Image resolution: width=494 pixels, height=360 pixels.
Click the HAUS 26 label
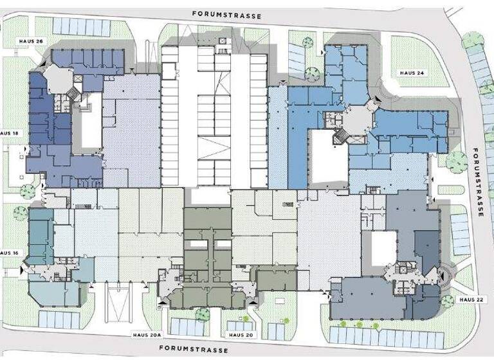[x=30, y=41]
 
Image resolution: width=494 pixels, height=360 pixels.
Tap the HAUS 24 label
[x=412, y=73]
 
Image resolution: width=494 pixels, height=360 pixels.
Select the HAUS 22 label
[x=471, y=300]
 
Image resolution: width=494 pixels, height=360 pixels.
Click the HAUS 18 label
[x=10, y=133]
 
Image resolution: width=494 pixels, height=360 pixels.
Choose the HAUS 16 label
[x=9, y=253]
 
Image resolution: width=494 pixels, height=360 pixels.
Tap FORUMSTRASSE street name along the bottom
[x=194, y=350]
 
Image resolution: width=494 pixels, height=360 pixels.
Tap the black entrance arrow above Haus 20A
[x=162, y=299]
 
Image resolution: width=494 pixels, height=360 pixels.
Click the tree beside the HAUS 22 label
[x=447, y=301]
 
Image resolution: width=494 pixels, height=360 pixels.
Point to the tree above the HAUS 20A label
[x=203, y=314]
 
